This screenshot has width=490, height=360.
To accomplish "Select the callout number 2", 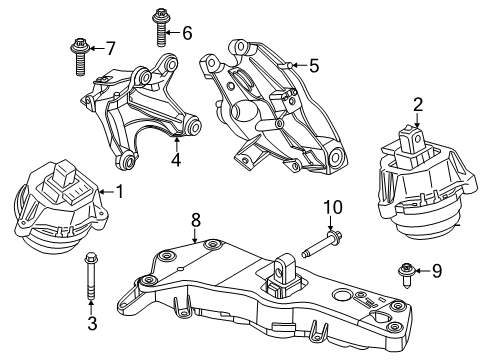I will coord(418,103).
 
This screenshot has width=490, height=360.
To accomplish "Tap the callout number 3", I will coord(92,323).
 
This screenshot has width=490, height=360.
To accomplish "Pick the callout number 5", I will coord(313,66).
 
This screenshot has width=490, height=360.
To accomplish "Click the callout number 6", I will coord(187,33).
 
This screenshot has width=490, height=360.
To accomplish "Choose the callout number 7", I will coord(110,47).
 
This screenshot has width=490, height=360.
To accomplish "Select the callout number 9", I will coord(436,270).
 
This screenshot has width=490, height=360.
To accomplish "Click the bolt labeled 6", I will coord(160,28).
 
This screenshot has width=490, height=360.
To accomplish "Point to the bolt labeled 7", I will coord(79,55).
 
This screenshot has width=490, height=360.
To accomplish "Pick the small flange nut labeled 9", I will coord(407,270).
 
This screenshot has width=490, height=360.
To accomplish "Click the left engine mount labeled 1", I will coord(56,213).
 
